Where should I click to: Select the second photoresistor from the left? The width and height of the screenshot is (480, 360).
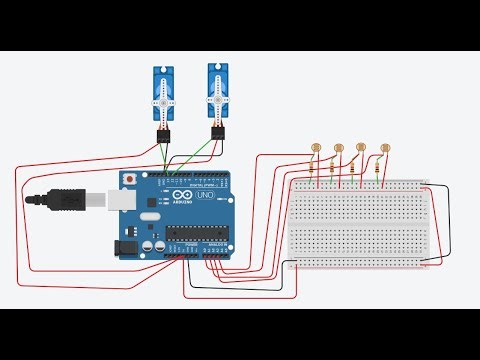339,147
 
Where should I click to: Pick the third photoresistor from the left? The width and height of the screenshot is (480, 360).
362,147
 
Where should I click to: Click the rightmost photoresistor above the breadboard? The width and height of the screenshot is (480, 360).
385,149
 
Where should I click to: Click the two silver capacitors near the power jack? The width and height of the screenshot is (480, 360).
153,243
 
